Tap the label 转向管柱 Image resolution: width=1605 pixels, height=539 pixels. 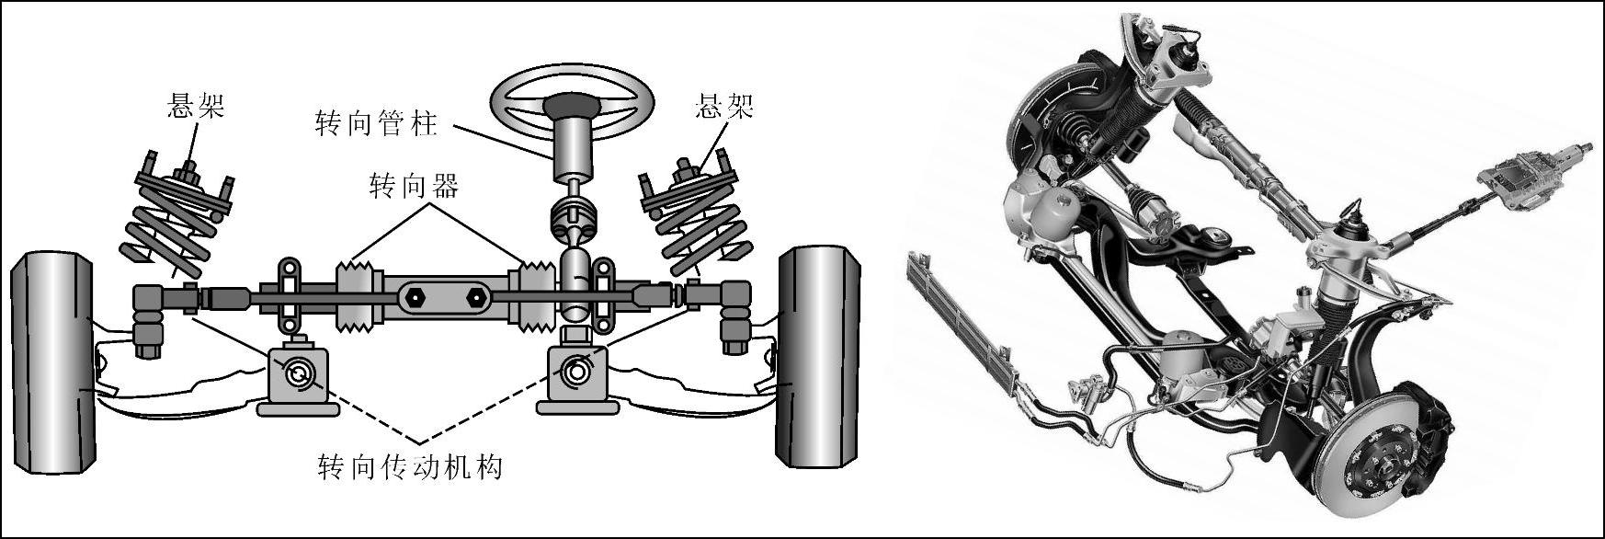click(376, 123)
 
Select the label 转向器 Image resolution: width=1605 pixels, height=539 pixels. click(414, 187)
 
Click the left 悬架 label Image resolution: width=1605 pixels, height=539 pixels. click(195, 106)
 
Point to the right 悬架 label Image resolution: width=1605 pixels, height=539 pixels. click(725, 106)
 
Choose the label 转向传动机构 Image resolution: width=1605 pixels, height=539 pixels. click(410, 467)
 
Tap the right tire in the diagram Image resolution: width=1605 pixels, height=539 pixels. click(819, 357)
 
